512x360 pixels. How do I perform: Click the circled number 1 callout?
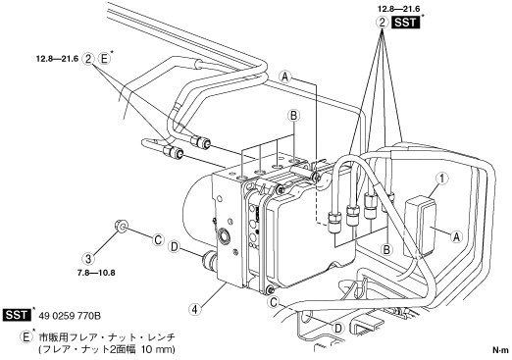442,180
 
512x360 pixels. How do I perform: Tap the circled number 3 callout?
88,259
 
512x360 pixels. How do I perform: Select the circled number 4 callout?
195,309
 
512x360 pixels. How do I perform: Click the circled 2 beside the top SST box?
382,23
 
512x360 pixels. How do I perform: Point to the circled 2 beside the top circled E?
88,59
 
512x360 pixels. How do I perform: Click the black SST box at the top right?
405,23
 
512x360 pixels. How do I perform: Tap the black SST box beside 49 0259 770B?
17,315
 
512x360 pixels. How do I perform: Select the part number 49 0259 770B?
70,316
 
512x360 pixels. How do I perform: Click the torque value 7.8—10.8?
96,273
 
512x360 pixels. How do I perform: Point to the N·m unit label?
500,350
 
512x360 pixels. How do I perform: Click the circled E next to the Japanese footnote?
26,336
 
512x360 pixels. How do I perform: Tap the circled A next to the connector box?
456,236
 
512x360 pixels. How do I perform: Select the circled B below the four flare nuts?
386,250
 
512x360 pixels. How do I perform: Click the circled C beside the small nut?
158,240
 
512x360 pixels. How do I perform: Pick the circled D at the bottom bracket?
338,328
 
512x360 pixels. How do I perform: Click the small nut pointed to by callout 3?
121,226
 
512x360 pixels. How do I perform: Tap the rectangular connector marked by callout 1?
421,226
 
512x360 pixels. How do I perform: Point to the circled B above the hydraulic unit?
293,115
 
